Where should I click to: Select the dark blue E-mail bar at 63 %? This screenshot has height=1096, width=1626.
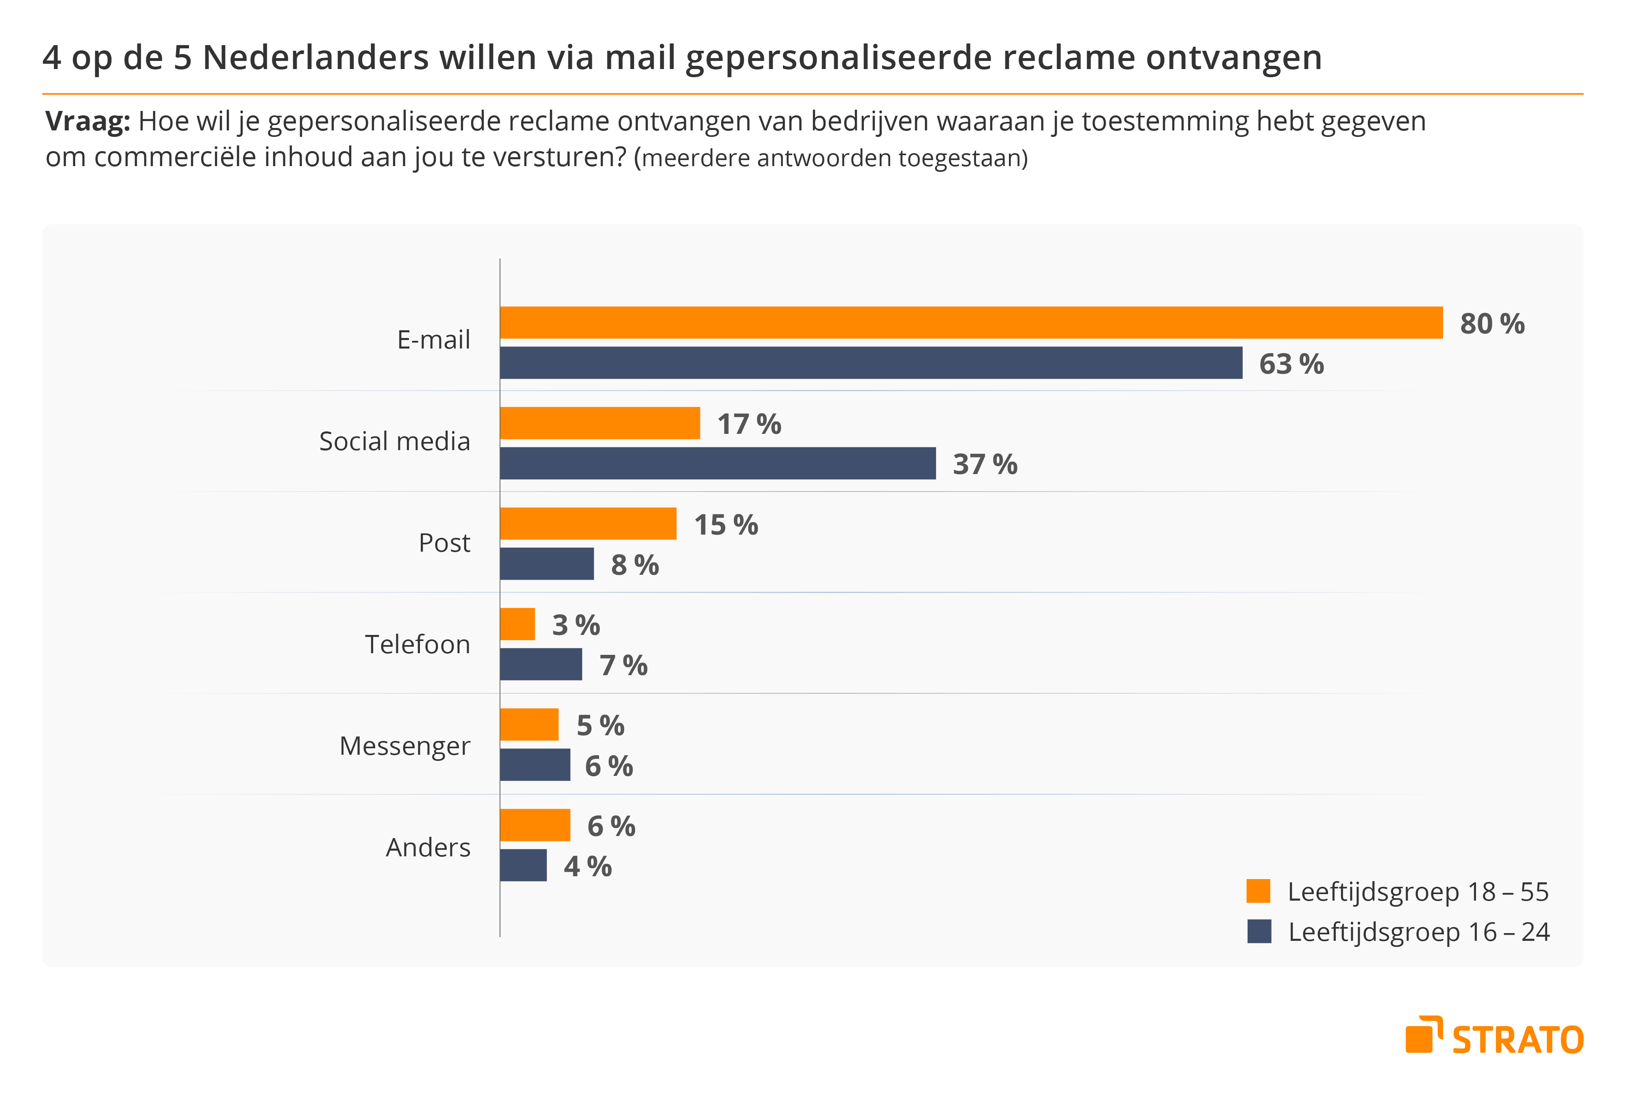click(x=871, y=363)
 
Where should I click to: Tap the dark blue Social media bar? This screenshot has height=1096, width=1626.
click(x=717, y=464)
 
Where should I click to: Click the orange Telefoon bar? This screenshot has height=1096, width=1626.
click(x=517, y=624)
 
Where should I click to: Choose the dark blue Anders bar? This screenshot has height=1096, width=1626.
click(x=523, y=865)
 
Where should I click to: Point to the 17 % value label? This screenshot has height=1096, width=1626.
click(x=749, y=424)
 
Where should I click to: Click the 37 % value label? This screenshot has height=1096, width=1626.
click(x=985, y=464)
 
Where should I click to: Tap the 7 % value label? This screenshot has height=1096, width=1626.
click(x=623, y=665)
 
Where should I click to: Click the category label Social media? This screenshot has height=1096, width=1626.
click(x=394, y=441)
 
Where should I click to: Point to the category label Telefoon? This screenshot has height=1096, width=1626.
click(x=417, y=644)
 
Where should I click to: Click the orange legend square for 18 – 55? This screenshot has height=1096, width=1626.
click(x=1258, y=891)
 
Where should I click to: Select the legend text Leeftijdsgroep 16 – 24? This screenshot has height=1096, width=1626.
click(x=1419, y=932)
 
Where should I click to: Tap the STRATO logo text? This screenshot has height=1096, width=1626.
click(x=1517, y=1040)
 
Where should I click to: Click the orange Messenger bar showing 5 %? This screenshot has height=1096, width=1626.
click(x=529, y=724)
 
